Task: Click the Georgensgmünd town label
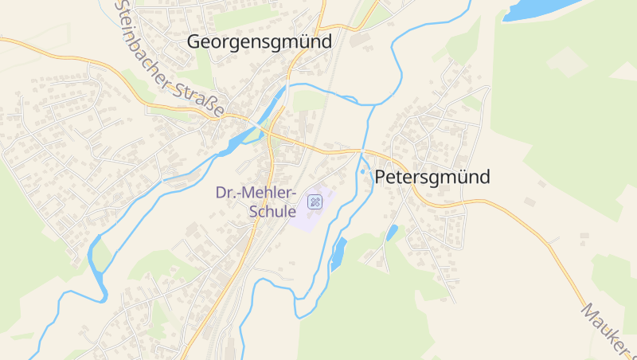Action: tap(259, 41)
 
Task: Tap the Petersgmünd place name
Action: tap(432, 178)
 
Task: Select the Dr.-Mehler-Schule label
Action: tap(256, 202)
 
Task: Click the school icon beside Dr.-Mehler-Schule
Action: tap(314, 202)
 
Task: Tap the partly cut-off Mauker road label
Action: tap(608, 331)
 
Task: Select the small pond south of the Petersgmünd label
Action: tap(392, 233)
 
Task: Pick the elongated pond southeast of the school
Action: tap(338, 253)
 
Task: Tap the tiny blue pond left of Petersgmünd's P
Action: tap(363, 171)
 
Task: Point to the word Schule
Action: tap(272, 212)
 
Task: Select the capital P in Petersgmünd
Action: tap(381, 178)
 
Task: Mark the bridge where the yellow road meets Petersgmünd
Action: tap(362, 152)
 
